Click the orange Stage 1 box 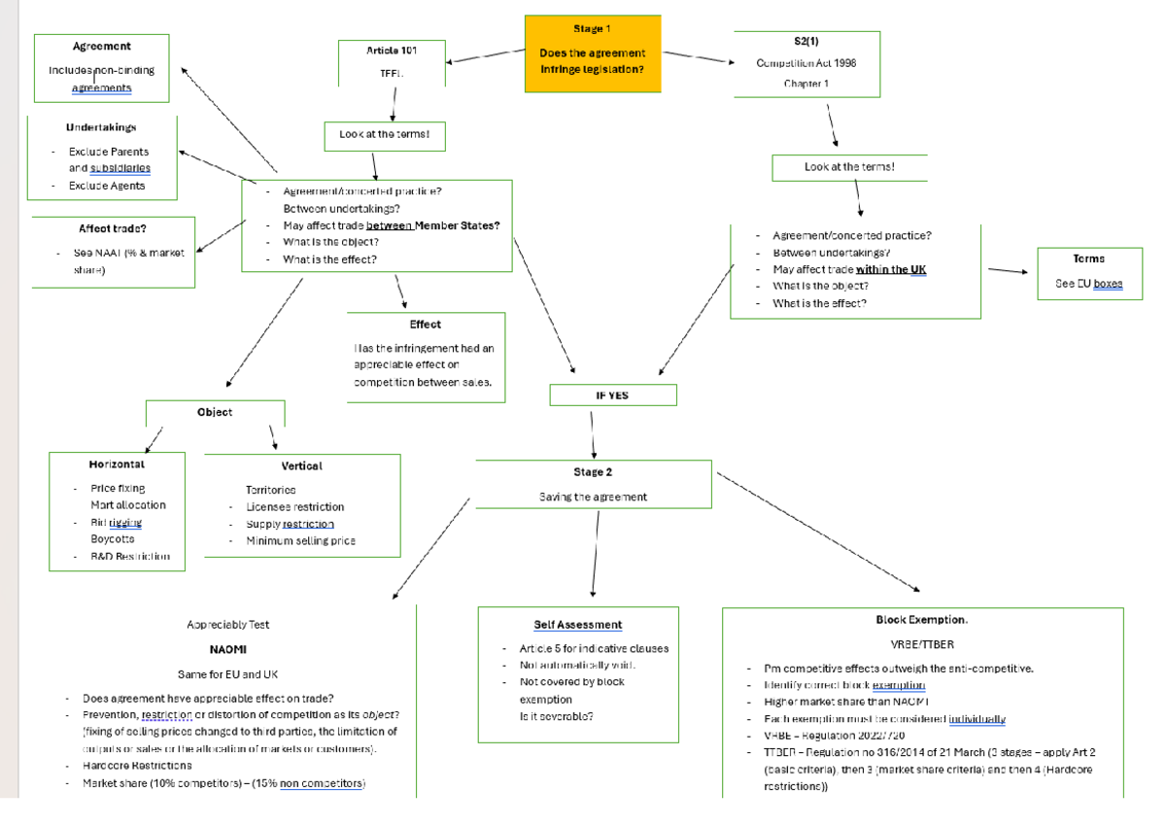593,53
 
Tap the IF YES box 613,395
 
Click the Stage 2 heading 593,472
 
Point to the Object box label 215,412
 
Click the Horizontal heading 117,465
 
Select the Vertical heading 301,466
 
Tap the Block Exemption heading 921,620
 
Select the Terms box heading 1088,259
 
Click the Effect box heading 426,325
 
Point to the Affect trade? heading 113,229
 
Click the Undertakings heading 101,127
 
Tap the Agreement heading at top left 101,46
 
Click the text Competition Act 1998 806,63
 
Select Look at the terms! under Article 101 384,134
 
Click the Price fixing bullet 118,489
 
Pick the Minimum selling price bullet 300,541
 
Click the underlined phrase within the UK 890,269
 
